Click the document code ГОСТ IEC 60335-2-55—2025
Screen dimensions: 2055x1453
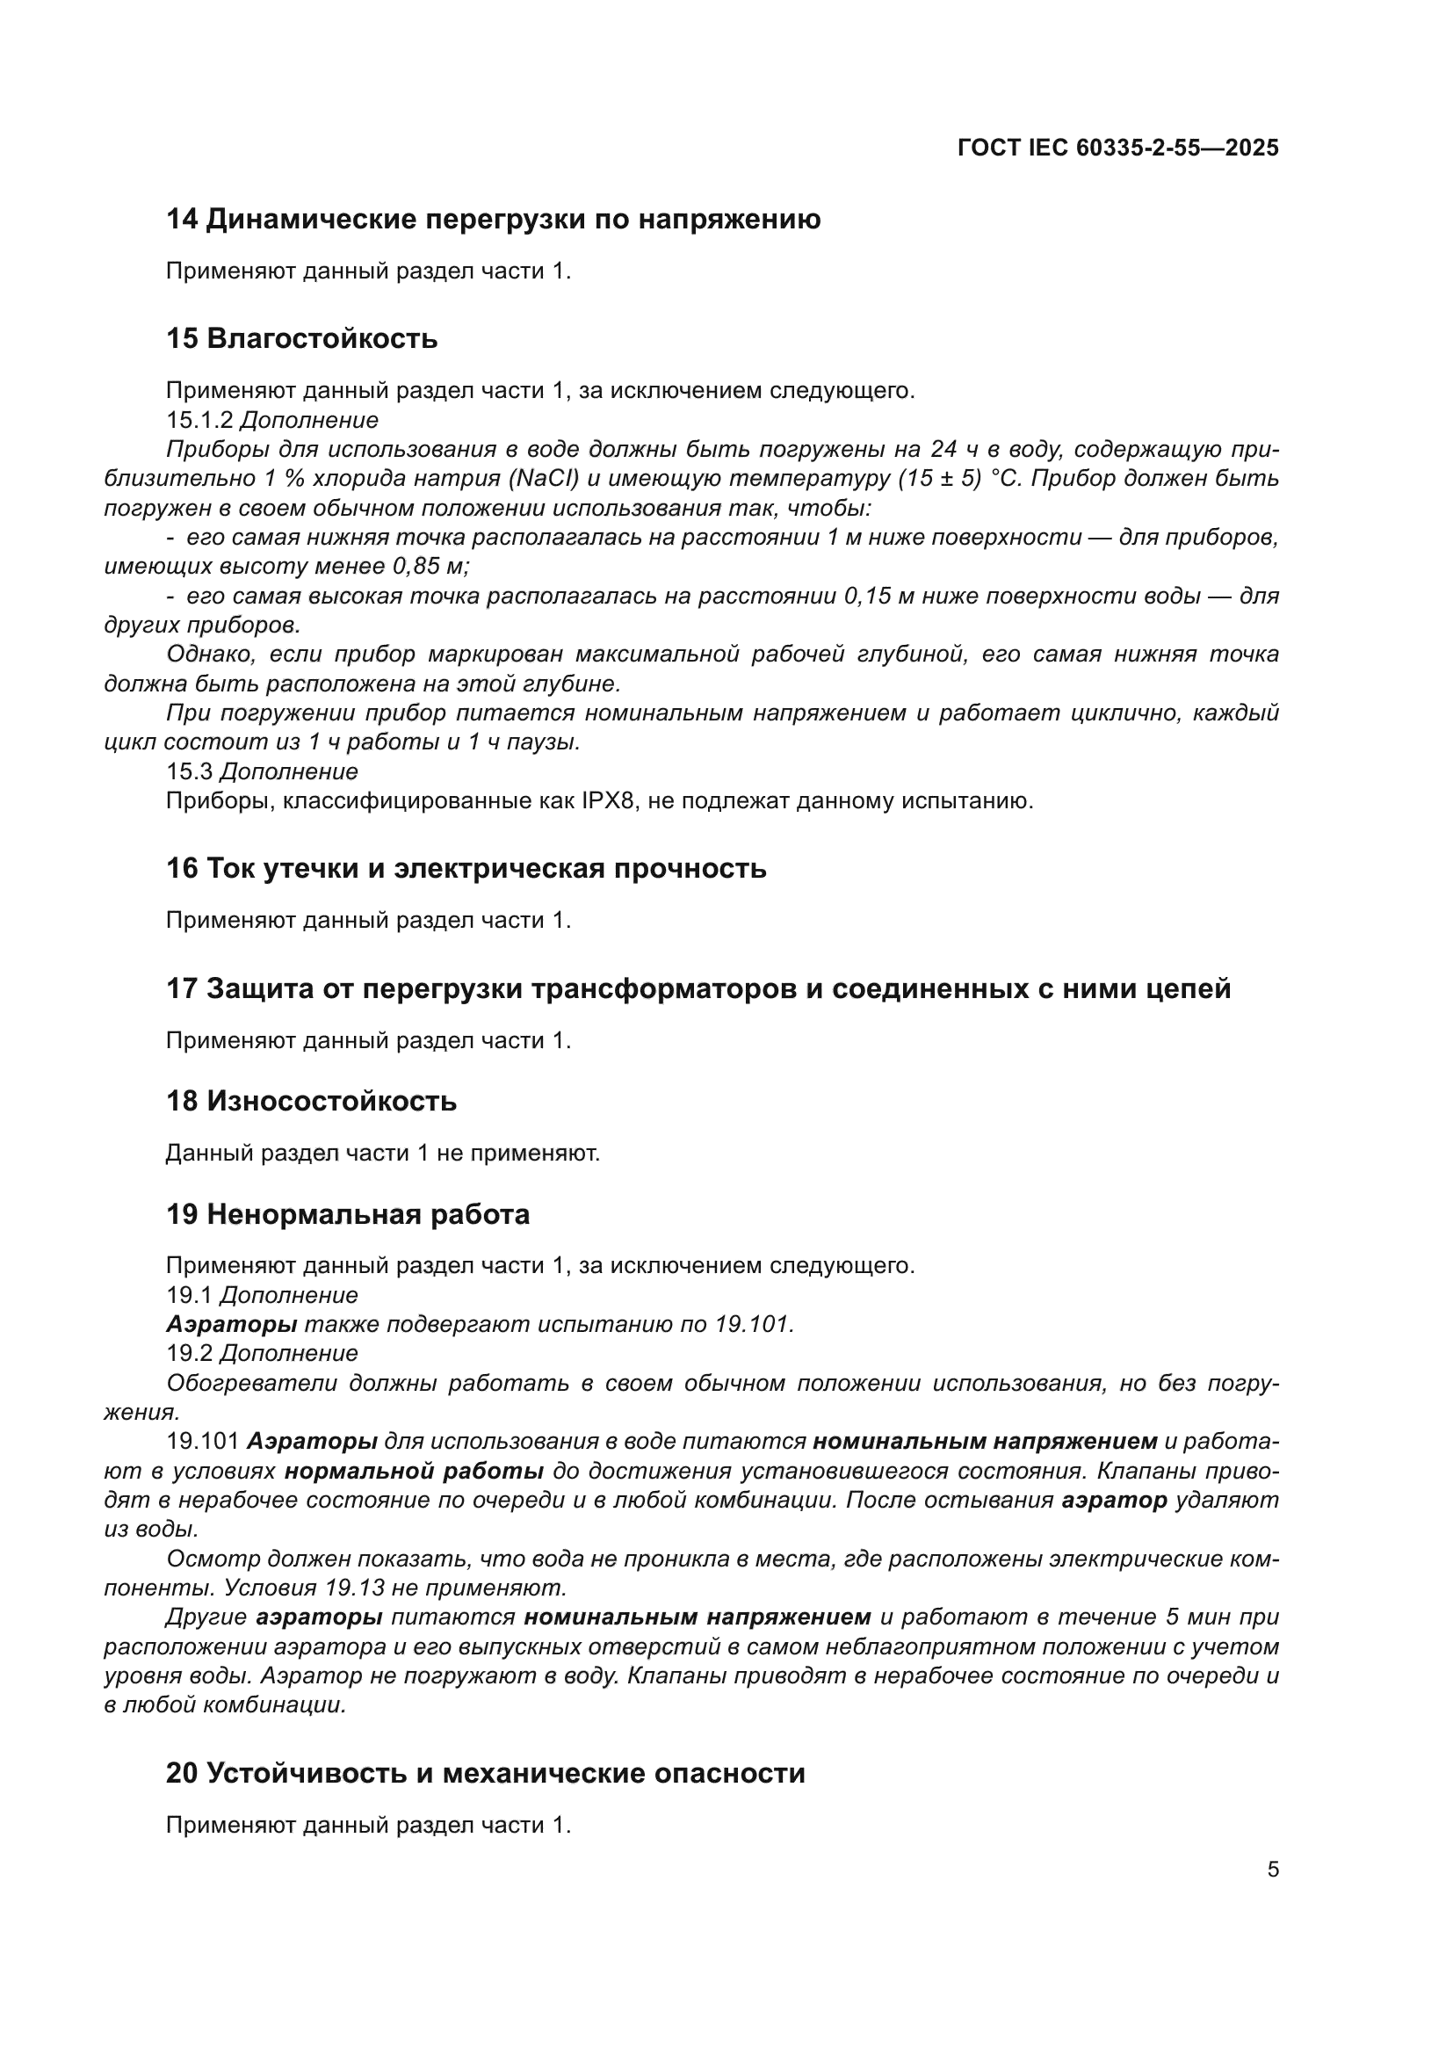coord(1117,148)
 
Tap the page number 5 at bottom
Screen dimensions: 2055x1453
coord(1272,1869)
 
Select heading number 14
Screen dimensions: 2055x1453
coord(182,220)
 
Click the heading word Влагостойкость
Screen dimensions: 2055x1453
coord(322,339)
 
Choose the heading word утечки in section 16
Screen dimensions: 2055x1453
coord(309,868)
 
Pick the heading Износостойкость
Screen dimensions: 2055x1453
coord(331,1101)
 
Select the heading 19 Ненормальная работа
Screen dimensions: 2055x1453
coord(348,1214)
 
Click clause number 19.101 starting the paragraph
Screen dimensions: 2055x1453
coord(202,1442)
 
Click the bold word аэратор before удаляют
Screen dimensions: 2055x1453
coord(1114,1500)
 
